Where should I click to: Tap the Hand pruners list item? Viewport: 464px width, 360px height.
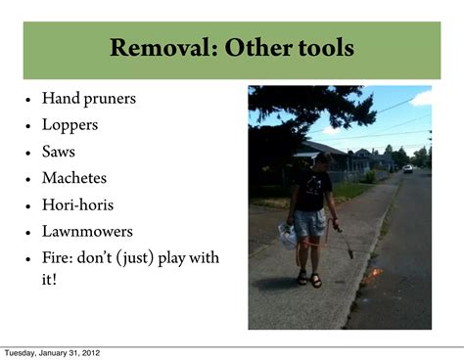pyautogui.click(x=88, y=98)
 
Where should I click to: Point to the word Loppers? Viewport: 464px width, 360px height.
pyautogui.click(x=69, y=124)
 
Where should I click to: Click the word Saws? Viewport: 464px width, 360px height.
pyautogui.click(x=58, y=152)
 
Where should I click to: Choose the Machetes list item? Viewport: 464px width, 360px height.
pyautogui.click(x=74, y=178)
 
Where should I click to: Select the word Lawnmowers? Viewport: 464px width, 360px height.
pyautogui.click(x=87, y=232)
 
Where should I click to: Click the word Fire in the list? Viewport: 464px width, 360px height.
pyautogui.click(x=56, y=258)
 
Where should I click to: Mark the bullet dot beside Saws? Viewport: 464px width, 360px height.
pyautogui.click(x=28, y=153)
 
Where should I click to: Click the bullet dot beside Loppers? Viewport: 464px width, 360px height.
pyautogui.click(x=28, y=126)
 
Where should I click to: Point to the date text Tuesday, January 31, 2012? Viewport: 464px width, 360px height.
pyautogui.click(x=51, y=352)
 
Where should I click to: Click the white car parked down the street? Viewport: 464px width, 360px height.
pyautogui.click(x=407, y=168)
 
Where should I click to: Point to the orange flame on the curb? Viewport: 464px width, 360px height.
pyautogui.click(x=374, y=278)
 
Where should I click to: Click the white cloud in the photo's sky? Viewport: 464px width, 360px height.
pyautogui.click(x=421, y=98)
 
